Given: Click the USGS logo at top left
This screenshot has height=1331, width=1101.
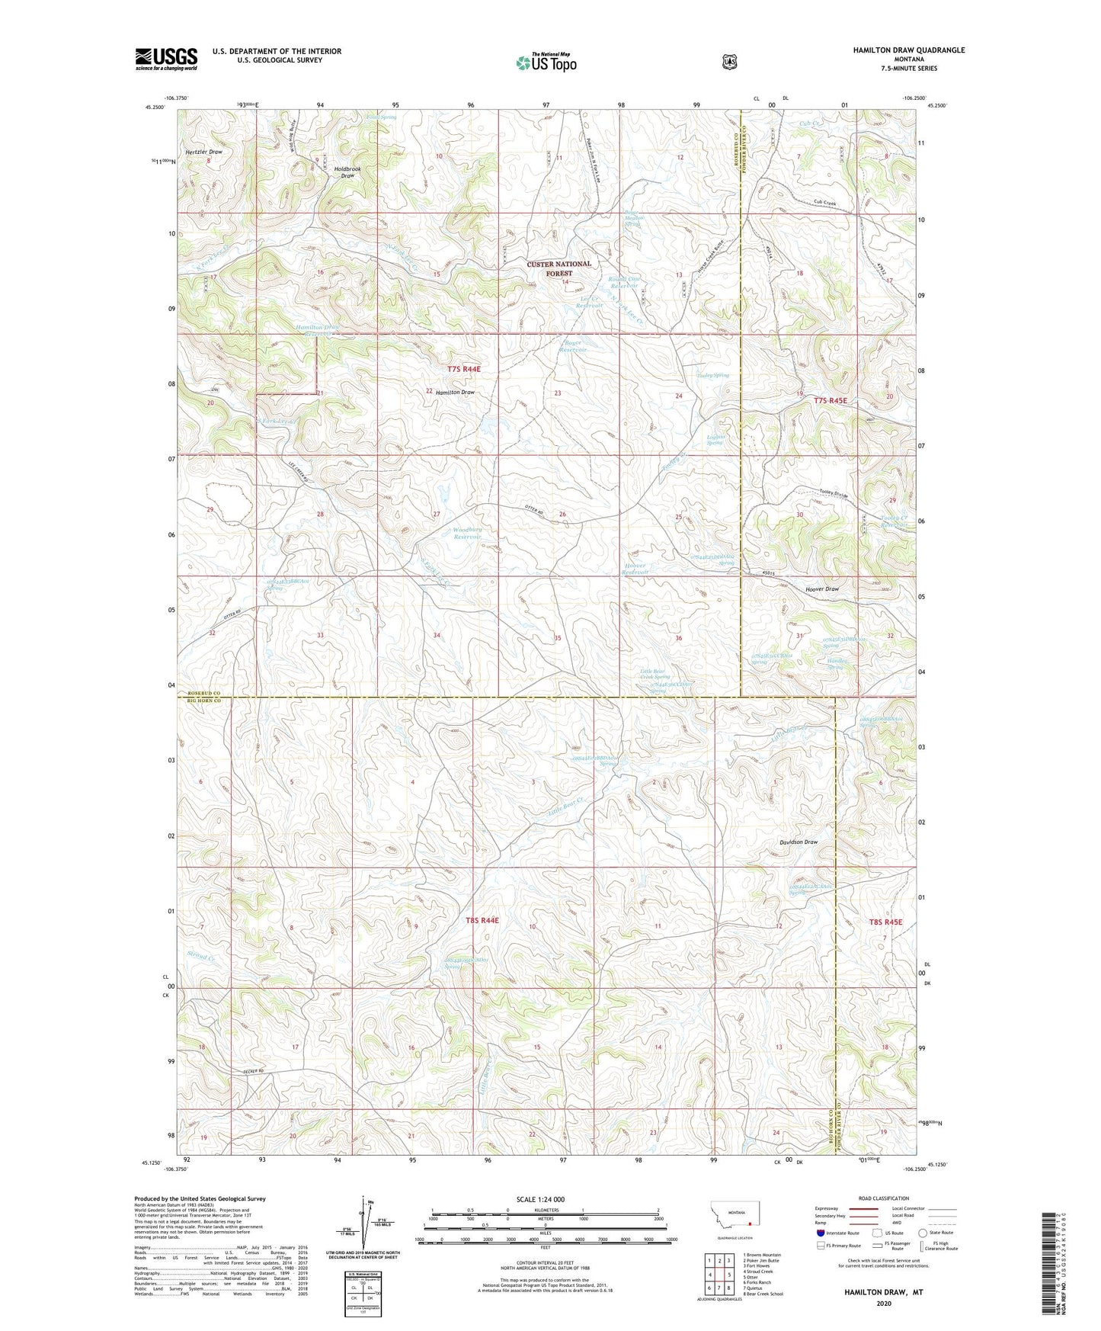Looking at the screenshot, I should tap(166, 59).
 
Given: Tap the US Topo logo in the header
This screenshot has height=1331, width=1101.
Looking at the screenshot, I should tap(546, 63).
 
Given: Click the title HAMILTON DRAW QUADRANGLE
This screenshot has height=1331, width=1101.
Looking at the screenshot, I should tap(908, 50).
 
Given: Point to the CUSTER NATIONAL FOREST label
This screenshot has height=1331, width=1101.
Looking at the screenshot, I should tap(559, 268).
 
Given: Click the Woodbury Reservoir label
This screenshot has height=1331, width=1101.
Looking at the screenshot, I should tap(467, 532).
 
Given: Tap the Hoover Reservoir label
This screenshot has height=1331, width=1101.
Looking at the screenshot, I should tap(635, 569).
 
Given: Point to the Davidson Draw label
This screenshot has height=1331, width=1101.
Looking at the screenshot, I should tap(798, 842).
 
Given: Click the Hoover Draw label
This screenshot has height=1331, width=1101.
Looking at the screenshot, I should tap(821, 589).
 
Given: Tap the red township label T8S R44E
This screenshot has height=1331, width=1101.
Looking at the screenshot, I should tap(482, 920).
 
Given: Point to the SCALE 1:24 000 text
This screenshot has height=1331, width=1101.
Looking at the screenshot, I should tap(540, 1199).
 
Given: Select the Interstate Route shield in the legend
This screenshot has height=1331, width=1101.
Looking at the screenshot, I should tap(820, 1232).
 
